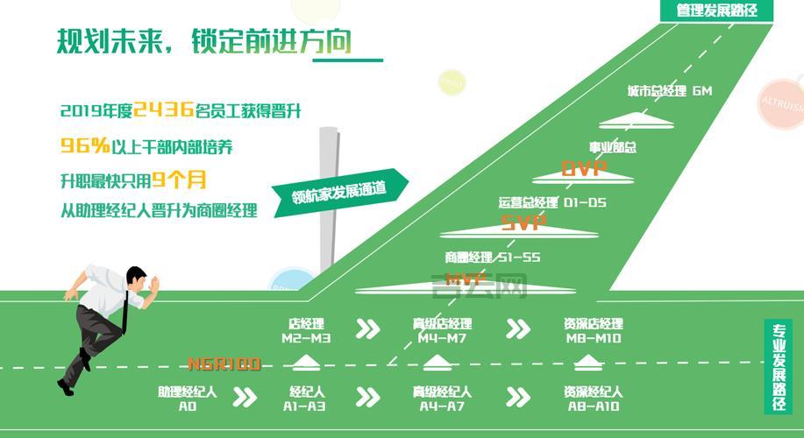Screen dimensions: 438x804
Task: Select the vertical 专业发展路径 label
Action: (x=778, y=369)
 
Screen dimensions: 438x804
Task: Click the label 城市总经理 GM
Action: (x=669, y=91)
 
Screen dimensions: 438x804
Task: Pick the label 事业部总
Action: (x=612, y=147)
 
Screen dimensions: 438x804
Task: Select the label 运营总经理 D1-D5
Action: (x=552, y=203)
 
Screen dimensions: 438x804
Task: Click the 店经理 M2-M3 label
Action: (x=306, y=330)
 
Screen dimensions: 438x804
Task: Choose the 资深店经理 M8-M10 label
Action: (x=593, y=330)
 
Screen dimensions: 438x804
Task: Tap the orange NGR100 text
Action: (x=224, y=363)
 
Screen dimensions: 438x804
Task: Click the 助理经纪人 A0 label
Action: (x=188, y=399)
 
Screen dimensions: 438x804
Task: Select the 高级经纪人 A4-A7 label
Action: (x=442, y=399)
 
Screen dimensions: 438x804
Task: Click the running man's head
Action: (x=137, y=279)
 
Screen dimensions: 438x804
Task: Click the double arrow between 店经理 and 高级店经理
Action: (x=367, y=328)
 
